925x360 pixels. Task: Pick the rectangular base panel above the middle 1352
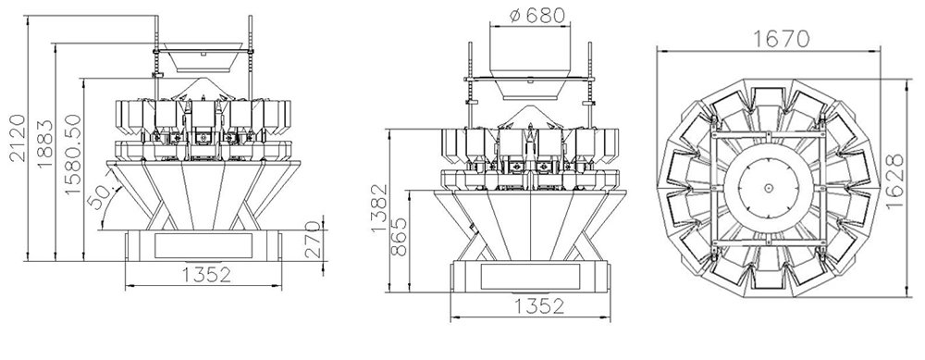point(530,276)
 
